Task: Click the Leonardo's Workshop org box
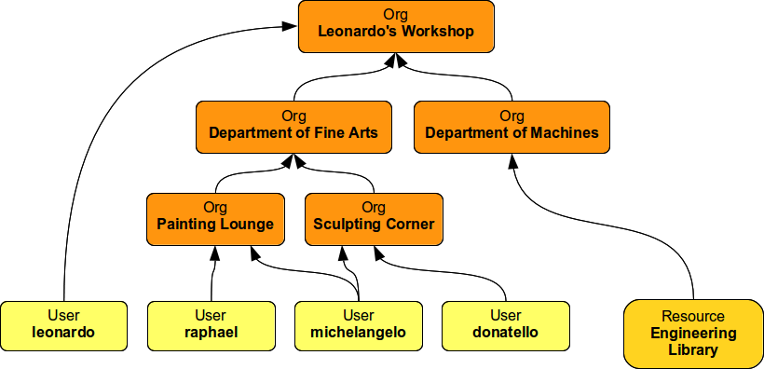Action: [396, 26]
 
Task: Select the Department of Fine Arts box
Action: [293, 127]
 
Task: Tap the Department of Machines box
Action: [512, 127]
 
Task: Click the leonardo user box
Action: [63, 324]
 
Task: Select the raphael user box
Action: [211, 324]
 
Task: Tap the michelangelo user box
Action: [358, 324]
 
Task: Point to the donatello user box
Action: [505, 324]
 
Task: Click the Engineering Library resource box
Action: [693, 333]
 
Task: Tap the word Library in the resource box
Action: [693, 350]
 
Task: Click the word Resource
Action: [693, 317]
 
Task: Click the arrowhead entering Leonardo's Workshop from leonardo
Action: [291, 26]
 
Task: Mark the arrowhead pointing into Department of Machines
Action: [512, 160]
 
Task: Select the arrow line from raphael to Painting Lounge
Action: [213, 275]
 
